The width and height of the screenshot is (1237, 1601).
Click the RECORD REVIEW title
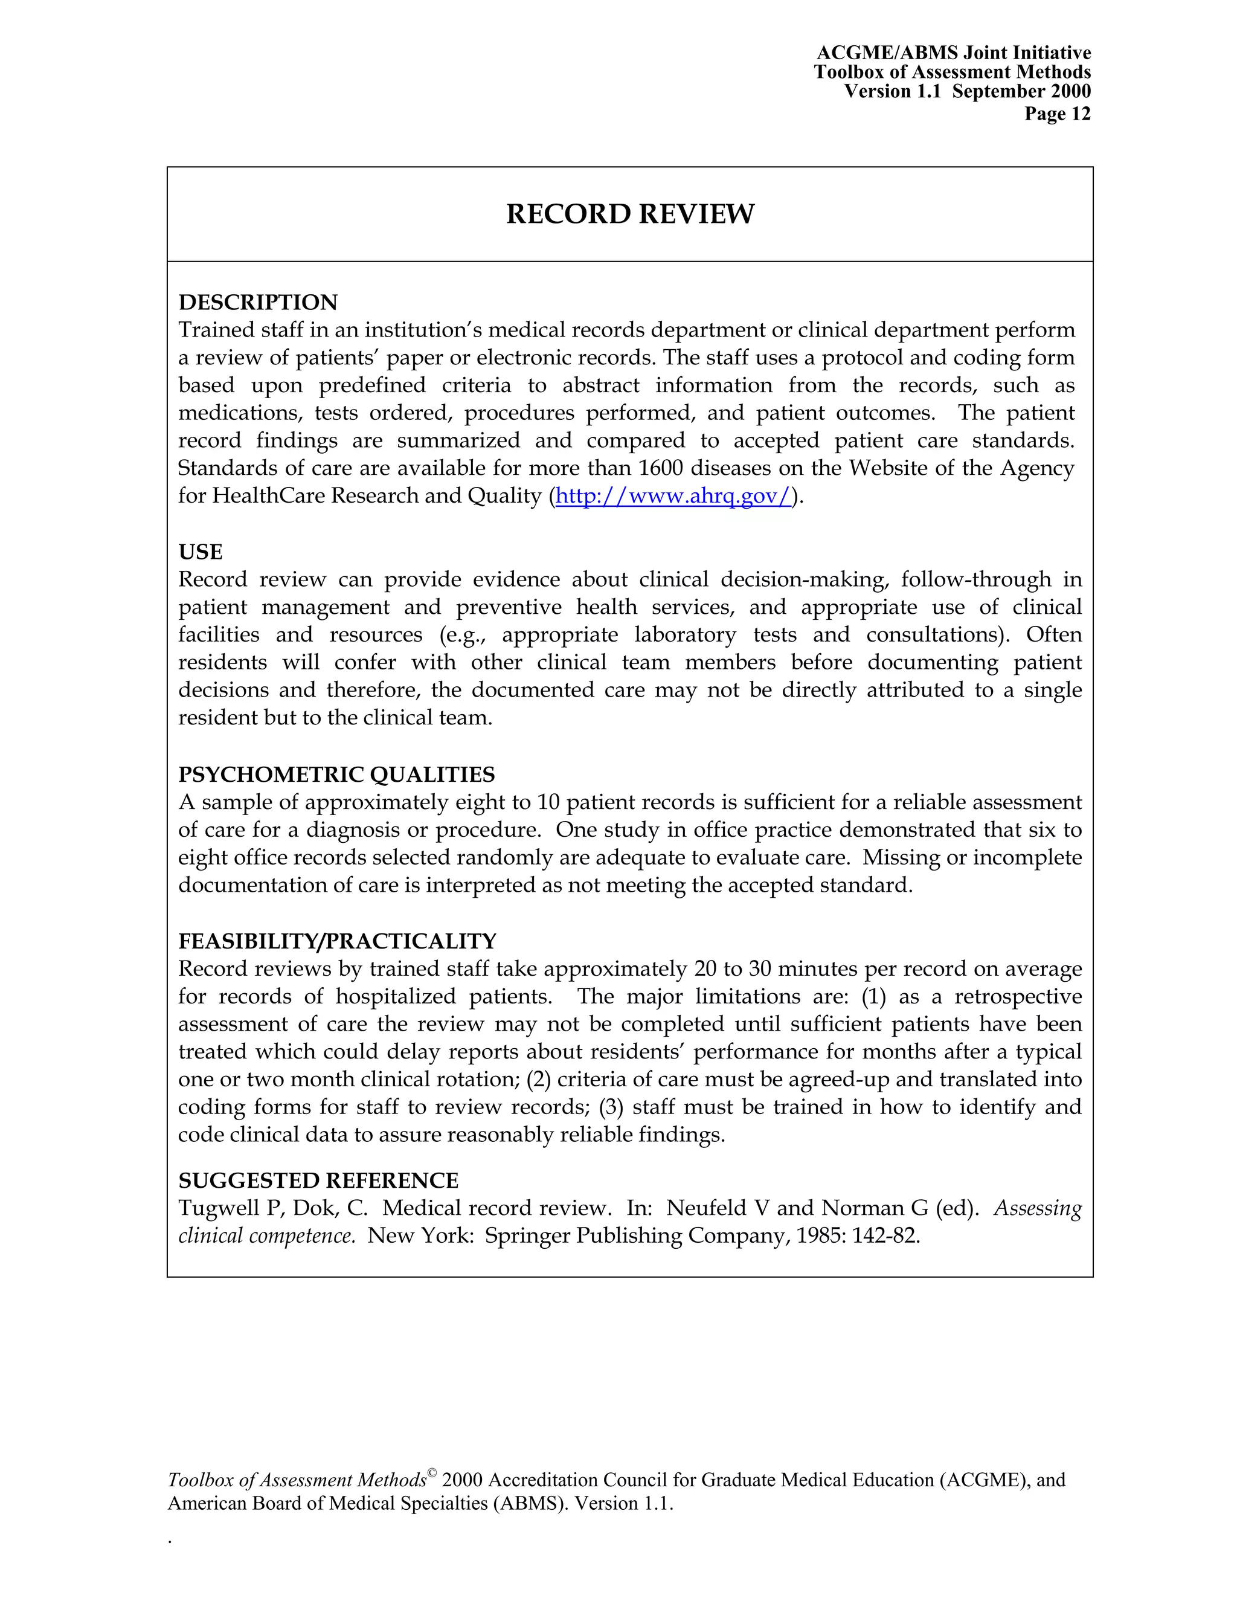[x=629, y=214]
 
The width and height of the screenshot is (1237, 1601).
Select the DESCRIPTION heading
[x=258, y=302]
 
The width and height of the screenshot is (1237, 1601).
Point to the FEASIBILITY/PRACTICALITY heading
[x=337, y=941]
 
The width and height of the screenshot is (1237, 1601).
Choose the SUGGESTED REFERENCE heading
[x=318, y=1181]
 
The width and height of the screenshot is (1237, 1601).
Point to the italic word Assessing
[x=1037, y=1208]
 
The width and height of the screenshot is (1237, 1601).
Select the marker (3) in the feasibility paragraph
[x=611, y=1106]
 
